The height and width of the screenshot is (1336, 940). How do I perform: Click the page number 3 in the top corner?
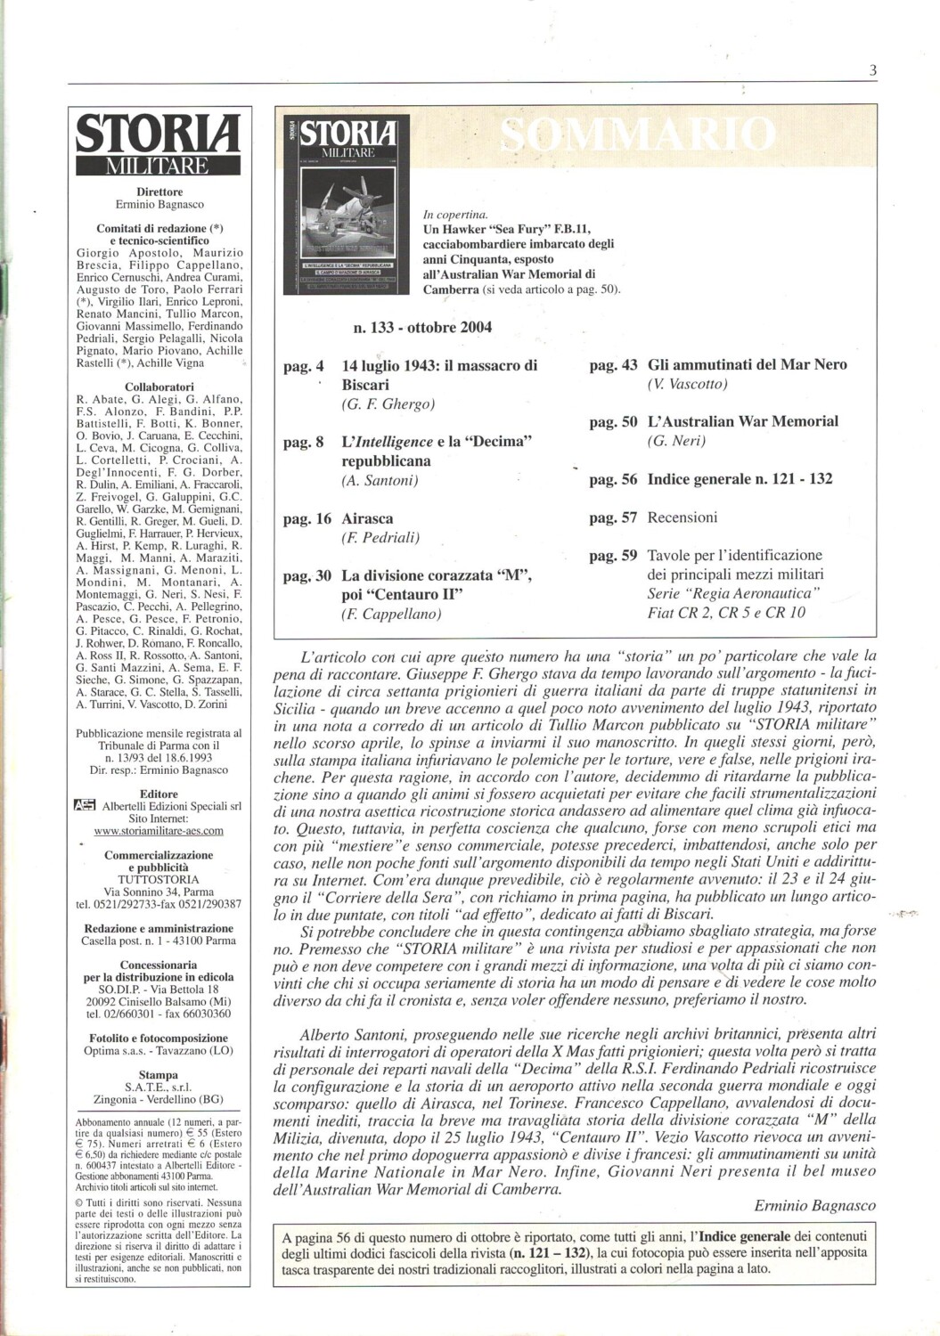[873, 71]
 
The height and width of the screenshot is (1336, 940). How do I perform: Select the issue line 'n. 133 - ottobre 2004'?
[422, 327]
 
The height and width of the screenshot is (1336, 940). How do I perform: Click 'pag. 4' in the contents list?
[303, 366]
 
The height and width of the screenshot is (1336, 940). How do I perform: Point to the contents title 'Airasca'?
[367, 518]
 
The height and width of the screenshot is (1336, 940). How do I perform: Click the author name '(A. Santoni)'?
[380, 481]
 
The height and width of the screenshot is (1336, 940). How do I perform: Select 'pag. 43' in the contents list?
[613, 365]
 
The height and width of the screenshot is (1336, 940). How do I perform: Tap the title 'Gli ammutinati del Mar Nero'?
[747, 364]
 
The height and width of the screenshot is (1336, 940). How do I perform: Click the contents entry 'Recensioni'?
[682, 517]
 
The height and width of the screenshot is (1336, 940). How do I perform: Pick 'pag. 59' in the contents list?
[613, 556]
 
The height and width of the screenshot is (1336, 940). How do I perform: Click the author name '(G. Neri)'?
[676, 441]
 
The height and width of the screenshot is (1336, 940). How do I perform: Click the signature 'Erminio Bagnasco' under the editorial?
[814, 1206]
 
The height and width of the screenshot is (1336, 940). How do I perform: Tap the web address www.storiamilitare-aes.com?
[159, 831]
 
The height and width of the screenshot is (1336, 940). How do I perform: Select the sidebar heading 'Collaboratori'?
[159, 387]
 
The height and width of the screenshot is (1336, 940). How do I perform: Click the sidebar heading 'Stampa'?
[159, 1075]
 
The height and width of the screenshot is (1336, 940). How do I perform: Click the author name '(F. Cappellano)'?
[391, 614]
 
